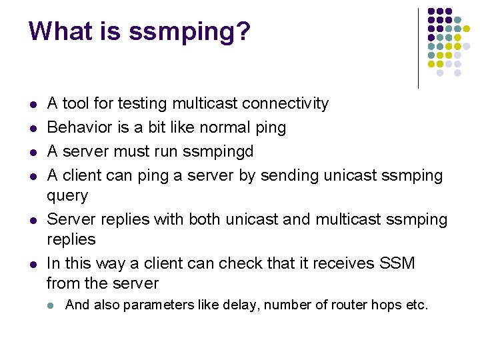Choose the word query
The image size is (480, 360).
(x=67, y=196)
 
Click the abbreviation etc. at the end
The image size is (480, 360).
(x=417, y=305)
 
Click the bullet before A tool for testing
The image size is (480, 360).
(x=33, y=105)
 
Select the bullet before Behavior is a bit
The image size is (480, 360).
(x=33, y=129)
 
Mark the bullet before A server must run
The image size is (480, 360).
(x=33, y=153)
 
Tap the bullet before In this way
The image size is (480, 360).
(x=33, y=265)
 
